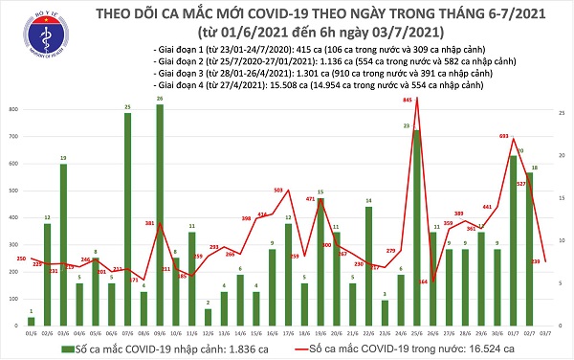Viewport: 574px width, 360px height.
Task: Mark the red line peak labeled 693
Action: coord(514,140)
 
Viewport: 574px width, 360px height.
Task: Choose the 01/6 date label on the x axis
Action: coord(30,333)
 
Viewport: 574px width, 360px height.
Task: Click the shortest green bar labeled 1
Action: coord(31,321)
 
